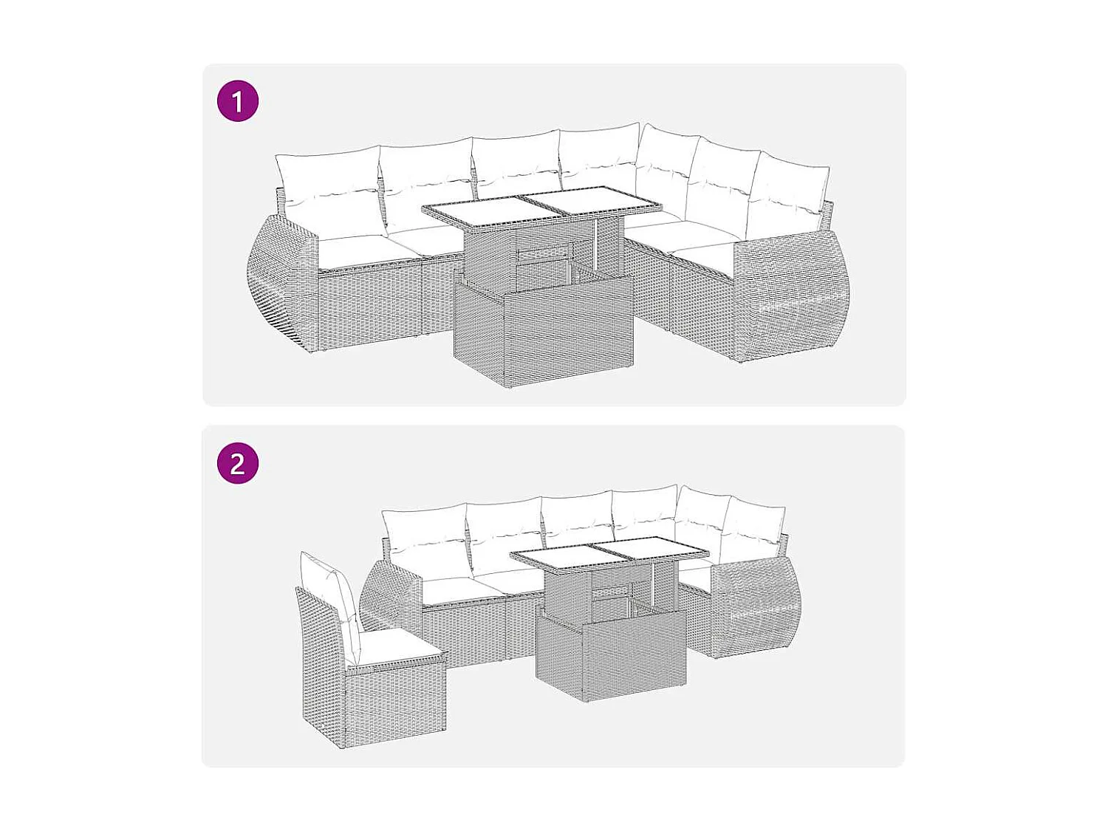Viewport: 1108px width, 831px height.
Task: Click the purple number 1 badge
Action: (x=238, y=101)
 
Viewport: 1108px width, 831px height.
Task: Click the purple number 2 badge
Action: (x=238, y=463)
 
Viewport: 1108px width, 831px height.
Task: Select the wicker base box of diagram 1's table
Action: (x=544, y=332)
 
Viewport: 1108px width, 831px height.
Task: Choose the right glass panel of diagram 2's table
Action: (x=648, y=550)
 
